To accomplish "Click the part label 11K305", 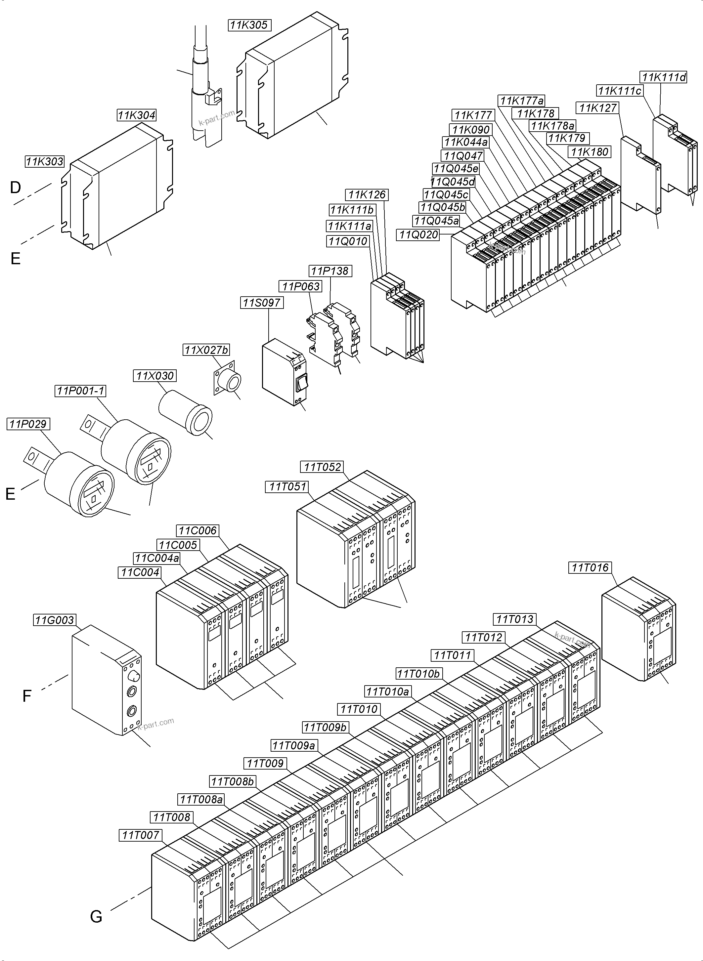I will pyautogui.click(x=249, y=25).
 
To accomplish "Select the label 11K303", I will pyautogui.click(x=45, y=162).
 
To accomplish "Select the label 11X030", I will pyautogui.click(x=155, y=376).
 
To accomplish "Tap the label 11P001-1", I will pyautogui.click(x=80, y=391).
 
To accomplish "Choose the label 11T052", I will pyautogui.click(x=322, y=467).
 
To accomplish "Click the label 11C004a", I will pyautogui.click(x=157, y=558).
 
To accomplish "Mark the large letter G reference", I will pyautogui.click(x=96, y=916).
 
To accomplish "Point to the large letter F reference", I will pyautogui.click(x=26, y=696).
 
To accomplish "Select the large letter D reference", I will pyautogui.click(x=15, y=187).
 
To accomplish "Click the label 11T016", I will pyautogui.click(x=590, y=567).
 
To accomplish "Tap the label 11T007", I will pyautogui.click(x=140, y=835).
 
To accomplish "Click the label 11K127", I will pyautogui.click(x=598, y=108).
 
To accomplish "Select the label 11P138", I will pyautogui.click(x=330, y=271).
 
